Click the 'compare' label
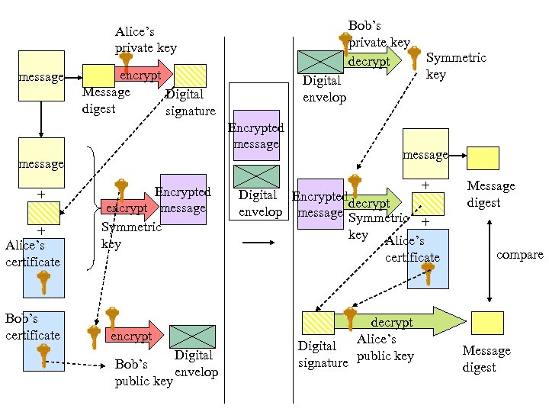point(519,254)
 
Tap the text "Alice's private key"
point(146,40)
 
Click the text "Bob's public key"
point(143,372)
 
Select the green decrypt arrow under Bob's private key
point(372,61)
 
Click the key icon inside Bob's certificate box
point(44,355)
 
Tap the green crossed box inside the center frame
point(256,176)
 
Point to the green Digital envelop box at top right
point(320,62)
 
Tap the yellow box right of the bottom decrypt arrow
point(486,323)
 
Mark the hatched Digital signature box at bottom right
point(317,323)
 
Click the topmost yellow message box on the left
point(41,76)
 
